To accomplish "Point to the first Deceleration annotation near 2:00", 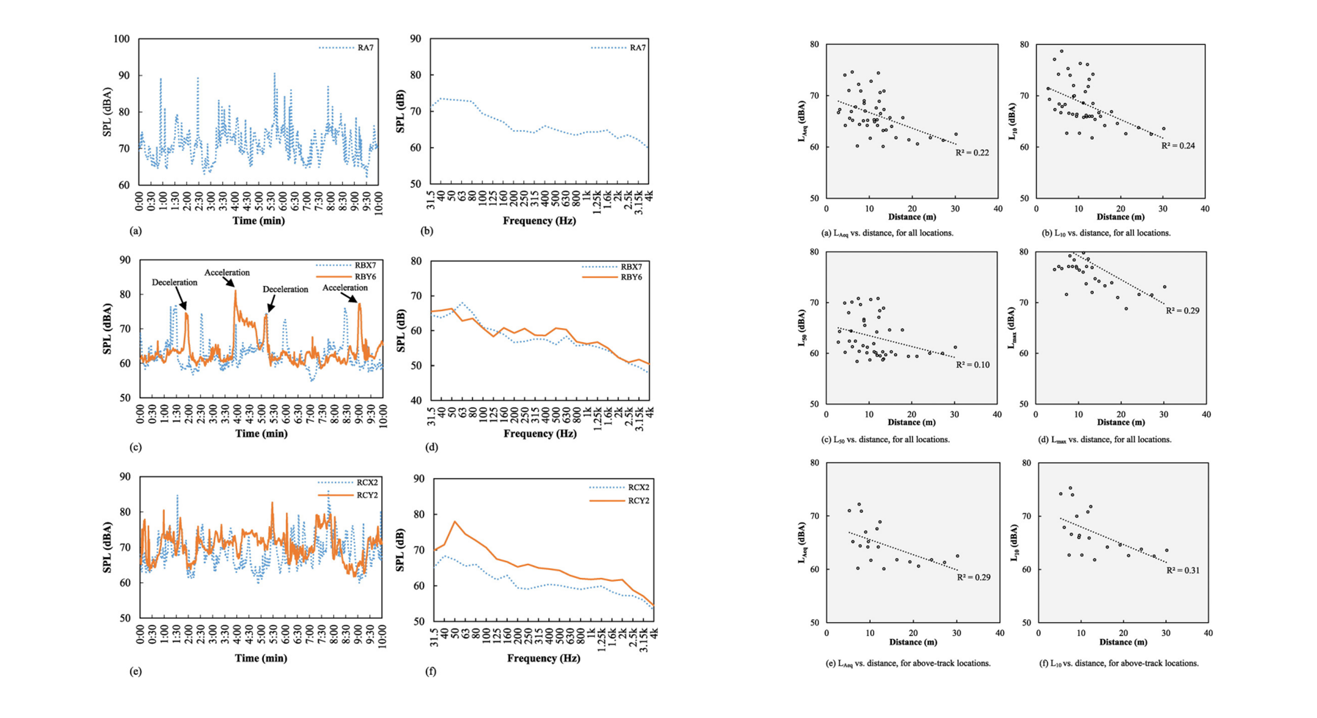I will point(174,282).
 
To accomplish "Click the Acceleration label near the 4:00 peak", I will point(227,272).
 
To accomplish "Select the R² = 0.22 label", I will point(972,153).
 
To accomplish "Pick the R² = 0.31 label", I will point(1183,570).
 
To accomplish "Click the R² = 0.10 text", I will point(972,365).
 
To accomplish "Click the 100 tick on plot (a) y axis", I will point(122,39).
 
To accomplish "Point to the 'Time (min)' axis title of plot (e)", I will point(261,658).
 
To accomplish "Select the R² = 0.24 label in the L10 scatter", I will point(1178,146).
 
